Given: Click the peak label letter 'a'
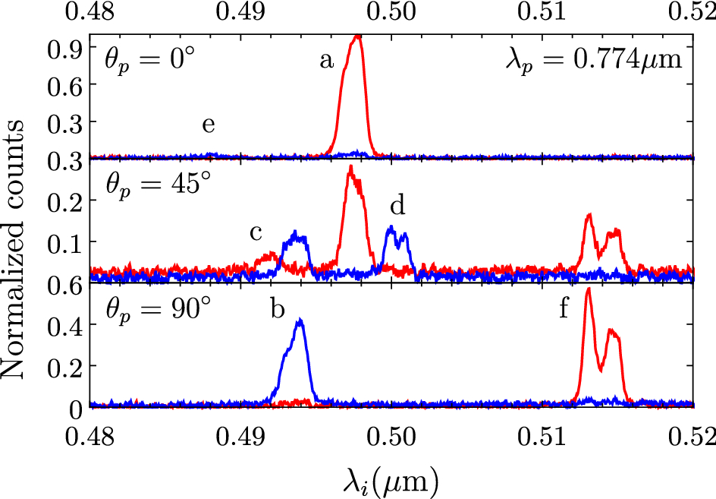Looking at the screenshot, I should point(327,62).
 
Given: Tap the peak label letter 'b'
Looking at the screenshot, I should point(278,311).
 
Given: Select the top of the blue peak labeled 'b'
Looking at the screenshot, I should point(300,321).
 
